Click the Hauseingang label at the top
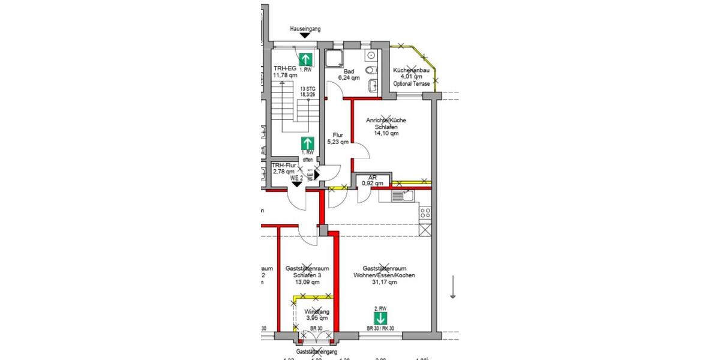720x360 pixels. [x=304, y=28]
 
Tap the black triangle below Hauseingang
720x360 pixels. [x=305, y=36]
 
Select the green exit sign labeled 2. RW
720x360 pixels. [x=380, y=316]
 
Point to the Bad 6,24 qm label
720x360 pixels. [x=349, y=74]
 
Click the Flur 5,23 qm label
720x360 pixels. [x=337, y=139]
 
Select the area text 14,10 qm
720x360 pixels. [x=386, y=134]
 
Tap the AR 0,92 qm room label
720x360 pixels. [x=372, y=181]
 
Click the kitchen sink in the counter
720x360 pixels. [x=403, y=195]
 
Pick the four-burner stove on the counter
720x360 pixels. [x=425, y=212]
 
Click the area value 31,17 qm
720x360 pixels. [x=385, y=282]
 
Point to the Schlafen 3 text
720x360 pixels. [x=307, y=275]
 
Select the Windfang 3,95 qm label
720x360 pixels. [x=316, y=315]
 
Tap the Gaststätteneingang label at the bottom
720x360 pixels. [x=316, y=352]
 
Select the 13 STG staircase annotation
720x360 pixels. [x=308, y=91]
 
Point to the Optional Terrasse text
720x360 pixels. [x=411, y=83]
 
